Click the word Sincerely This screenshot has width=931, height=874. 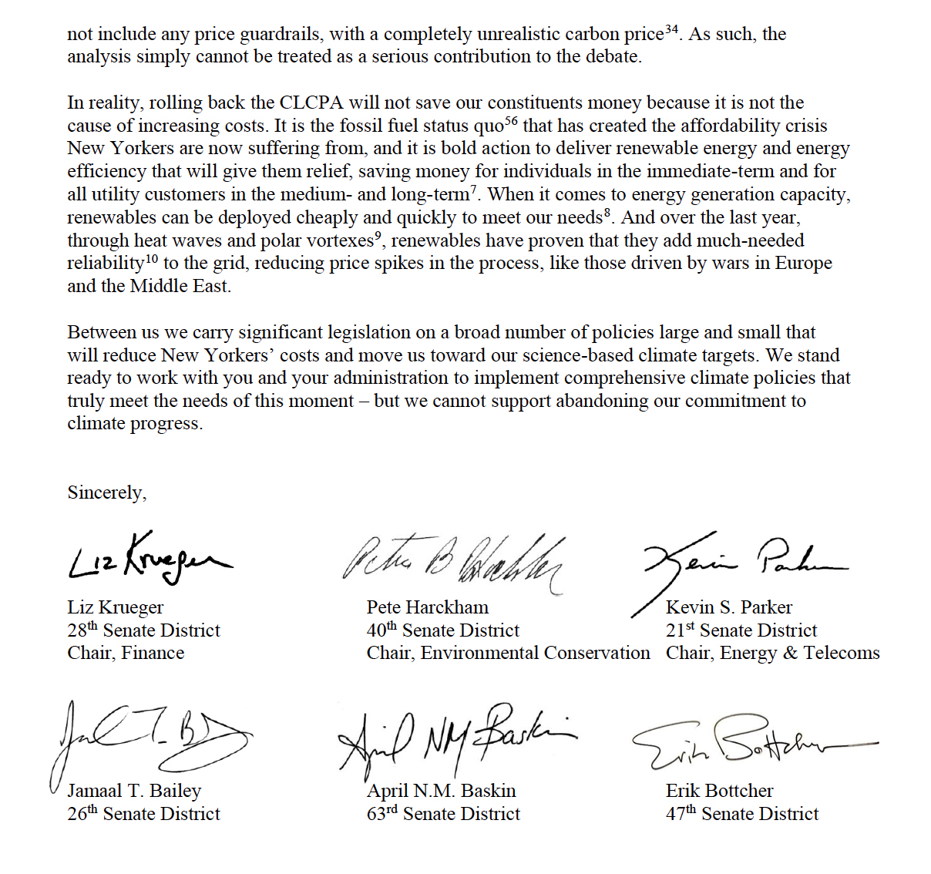[106, 492]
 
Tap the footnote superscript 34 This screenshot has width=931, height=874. [671, 29]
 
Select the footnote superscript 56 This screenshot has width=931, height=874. [511, 120]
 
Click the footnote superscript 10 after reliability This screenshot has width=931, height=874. [151, 258]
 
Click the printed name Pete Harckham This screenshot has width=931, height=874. [428, 607]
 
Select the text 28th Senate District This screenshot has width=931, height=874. [143, 630]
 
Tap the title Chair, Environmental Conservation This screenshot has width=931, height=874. [508, 653]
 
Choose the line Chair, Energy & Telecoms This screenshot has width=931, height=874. [772, 653]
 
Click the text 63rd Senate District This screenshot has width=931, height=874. [443, 814]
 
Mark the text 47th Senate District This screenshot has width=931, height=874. [742, 814]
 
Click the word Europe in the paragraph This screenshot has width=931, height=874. [803, 263]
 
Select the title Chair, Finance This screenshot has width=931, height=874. [126, 653]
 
